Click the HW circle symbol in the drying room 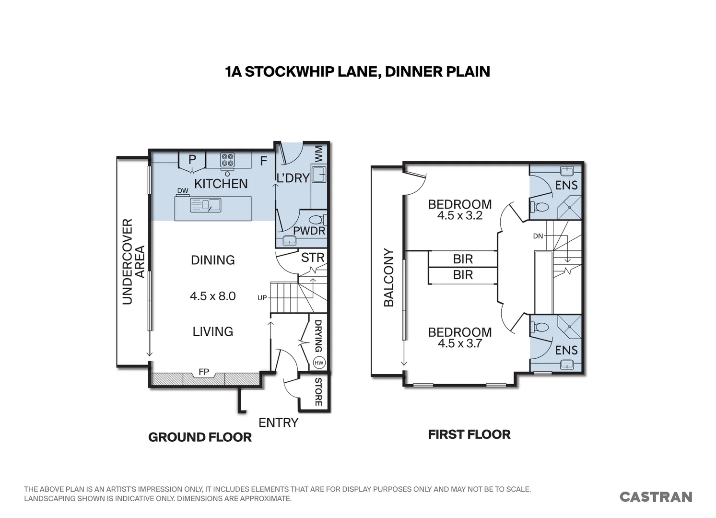[319, 363]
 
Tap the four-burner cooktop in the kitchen [227, 160]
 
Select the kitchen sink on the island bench [206, 205]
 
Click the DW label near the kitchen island [183, 190]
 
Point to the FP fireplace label [204, 372]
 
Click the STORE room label [318, 392]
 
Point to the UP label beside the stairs [262, 298]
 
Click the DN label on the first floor [538, 236]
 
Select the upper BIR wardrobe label [463, 259]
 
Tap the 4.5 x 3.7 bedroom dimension [460, 343]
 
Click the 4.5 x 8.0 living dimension [213, 296]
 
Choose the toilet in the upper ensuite [539, 207]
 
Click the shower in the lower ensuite [569, 327]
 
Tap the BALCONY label [388, 278]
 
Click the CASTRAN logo [656, 497]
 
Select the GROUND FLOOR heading [200, 437]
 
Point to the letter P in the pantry [192, 159]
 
